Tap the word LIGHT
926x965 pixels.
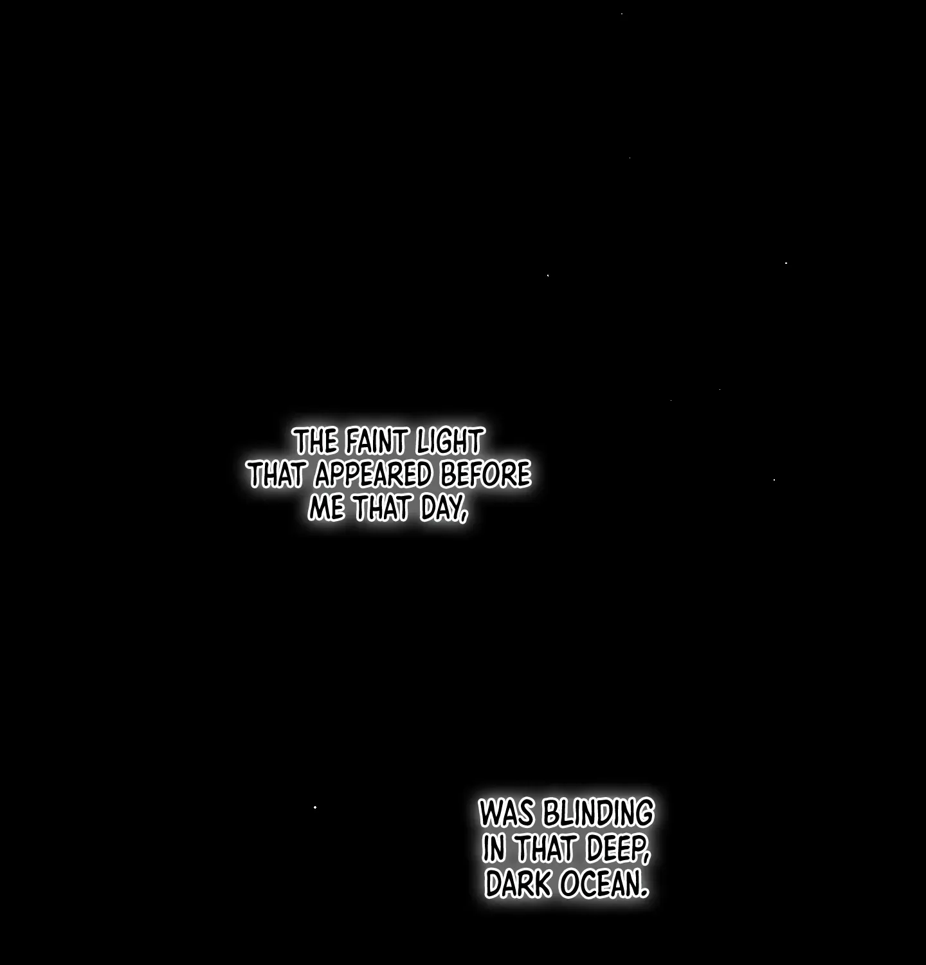tap(449, 442)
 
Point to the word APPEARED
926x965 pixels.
tap(373, 475)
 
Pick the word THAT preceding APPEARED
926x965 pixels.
tap(277, 475)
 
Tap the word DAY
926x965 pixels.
tap(440, 508)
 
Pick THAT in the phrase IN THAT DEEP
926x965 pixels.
tap(546, 849)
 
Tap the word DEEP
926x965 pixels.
tap(614, 849)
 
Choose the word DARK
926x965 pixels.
tap(518, 884)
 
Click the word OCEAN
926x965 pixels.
tap(599, 884)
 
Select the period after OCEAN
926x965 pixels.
tap(644, 893)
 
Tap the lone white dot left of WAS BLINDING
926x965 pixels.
tap(315, 807)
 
